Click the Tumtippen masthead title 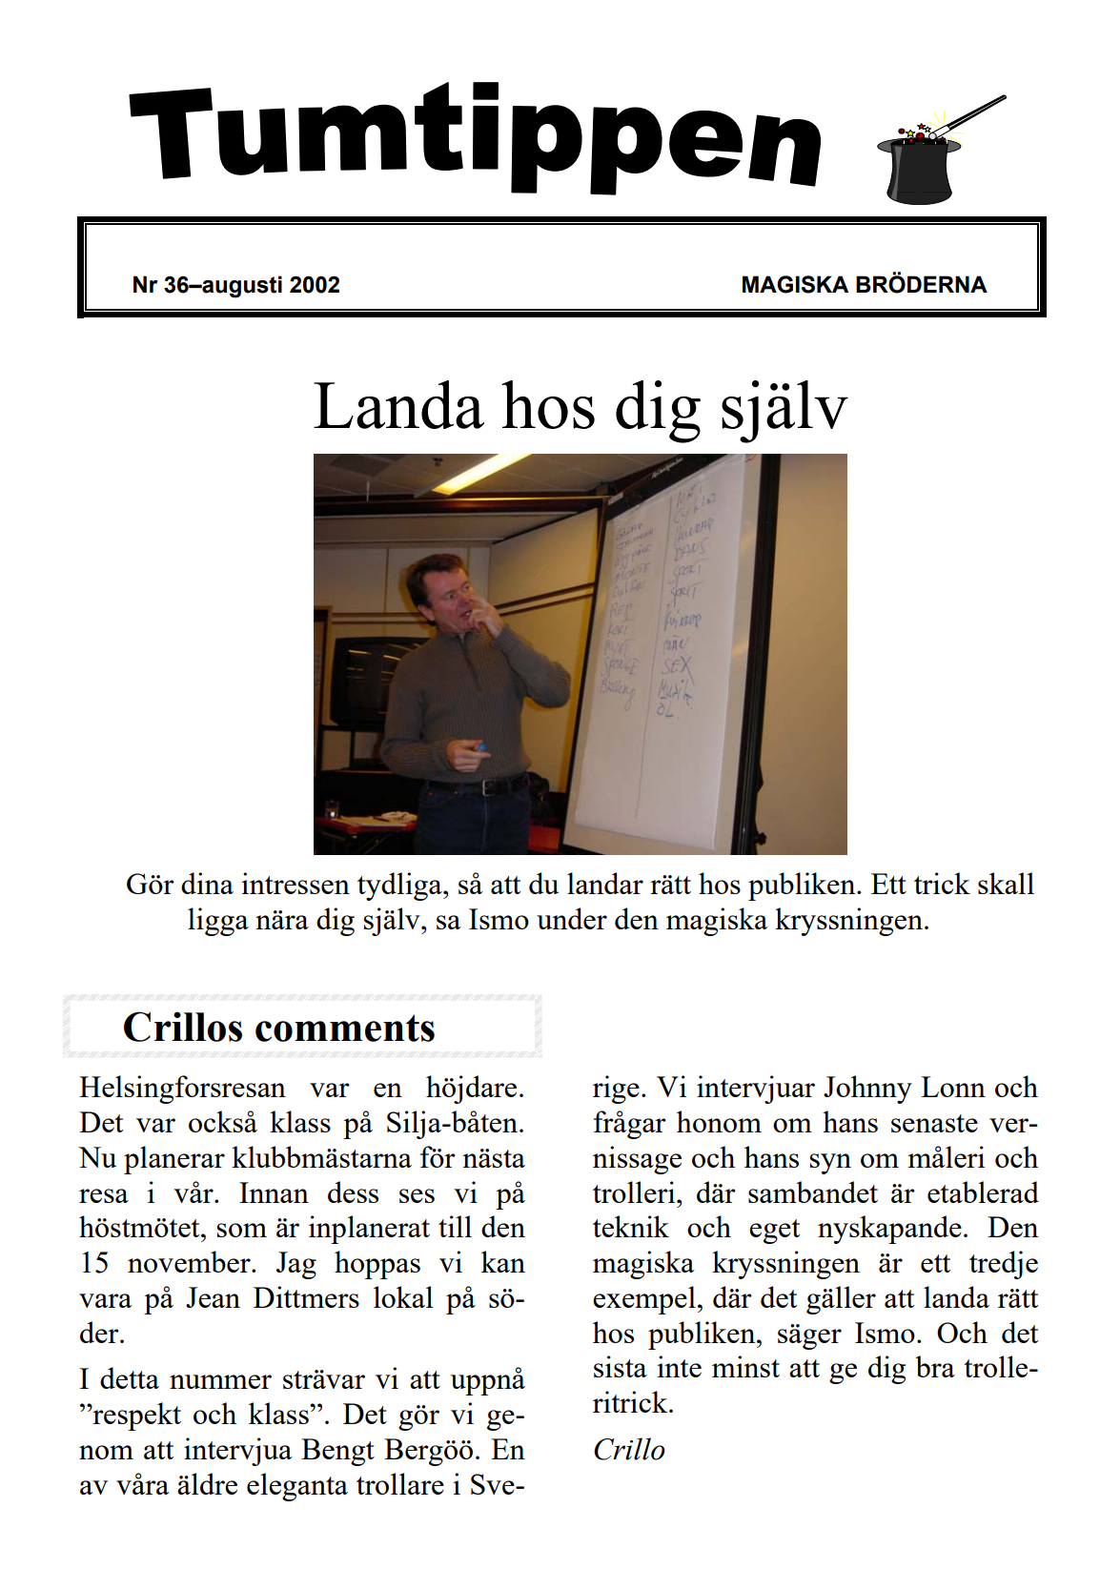click(475, 136)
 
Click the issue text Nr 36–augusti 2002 click(235, 285)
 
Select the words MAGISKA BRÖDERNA click(863, 285)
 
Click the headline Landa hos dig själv click(580, 407)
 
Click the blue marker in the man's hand click(480, 748)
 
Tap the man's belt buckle click(490, 787)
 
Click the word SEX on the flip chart click(676, 664)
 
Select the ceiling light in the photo click(481, 471)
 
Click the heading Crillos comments click(278, 1028)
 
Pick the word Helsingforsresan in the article click(182, 1088)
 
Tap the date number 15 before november click(94, 1263)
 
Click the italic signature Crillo click(628, 1450)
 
